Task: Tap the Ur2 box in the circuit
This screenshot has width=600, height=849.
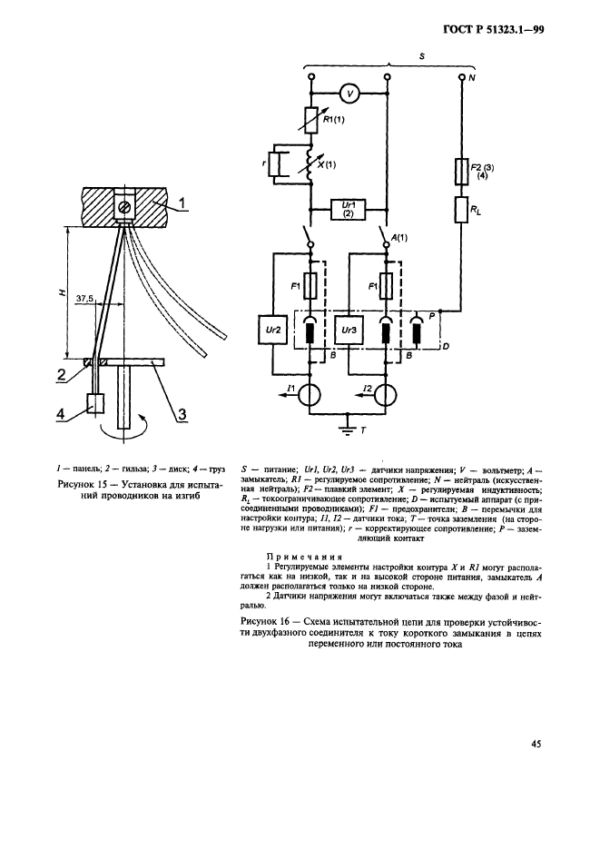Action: point(273,331)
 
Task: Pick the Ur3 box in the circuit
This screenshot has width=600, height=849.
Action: point(349,331)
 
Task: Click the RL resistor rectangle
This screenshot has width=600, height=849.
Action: point(461,212)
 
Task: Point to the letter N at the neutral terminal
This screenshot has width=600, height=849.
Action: point(472,79)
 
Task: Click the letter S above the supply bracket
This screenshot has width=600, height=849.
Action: point(393,54)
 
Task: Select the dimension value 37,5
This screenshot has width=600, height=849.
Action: point(86,297)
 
